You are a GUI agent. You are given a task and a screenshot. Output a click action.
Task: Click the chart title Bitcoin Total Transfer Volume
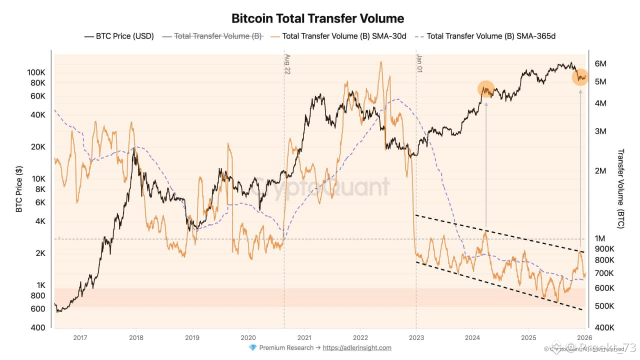pyautogui.click(x=317, y=19)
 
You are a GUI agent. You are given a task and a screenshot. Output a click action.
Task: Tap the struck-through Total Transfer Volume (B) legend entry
pyautogui.click(x=218, y=36)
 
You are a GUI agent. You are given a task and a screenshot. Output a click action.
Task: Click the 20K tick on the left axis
pyautogui.click(x=37, y=147)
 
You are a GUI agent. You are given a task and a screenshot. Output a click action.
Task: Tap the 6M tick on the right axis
pyautogui.click(x=600, y=64)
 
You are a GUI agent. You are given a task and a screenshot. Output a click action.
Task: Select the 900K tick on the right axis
pyautogui.click(x=604, y=249)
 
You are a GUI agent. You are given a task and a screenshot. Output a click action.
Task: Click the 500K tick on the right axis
pyautogui.click(x=604, y=306)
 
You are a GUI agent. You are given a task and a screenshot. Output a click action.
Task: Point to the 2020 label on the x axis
pyautogui.click(x=248, y=337)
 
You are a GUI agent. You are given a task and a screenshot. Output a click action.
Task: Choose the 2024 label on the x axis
pyautogui.click(x=472, y=337)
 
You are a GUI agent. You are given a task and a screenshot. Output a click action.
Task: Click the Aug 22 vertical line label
pyautogui.click(x=287, y=64)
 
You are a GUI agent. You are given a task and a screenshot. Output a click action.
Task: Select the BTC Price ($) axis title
pyautogui.click(x=19, y=190)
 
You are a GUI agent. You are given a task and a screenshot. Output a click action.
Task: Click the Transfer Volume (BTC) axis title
pyautogui.click(x=621, y=189)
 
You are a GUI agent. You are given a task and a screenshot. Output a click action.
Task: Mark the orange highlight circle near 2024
pyautogui.click(x=486, y=88)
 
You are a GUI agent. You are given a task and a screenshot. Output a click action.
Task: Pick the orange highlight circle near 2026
pyautogui.click(x=580, y=77)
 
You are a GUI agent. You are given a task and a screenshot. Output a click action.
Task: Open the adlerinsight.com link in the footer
pyautogui.click(x=357, y=348)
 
